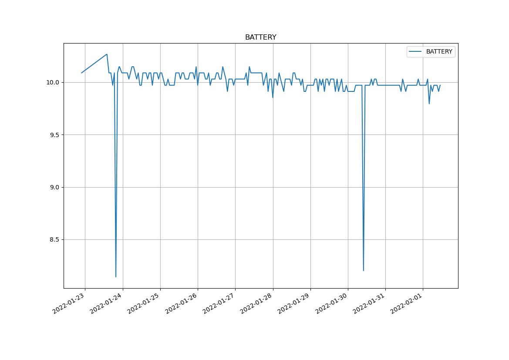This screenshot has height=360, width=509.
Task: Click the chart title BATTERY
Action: (x=260, y=37)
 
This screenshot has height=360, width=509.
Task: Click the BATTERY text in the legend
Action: (x=439, y=52)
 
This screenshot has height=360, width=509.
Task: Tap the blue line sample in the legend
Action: (x=416, y=52)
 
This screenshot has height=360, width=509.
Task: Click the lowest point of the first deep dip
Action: (x=116, y=276)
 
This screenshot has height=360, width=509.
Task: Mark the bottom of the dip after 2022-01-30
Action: (x=364, y=270)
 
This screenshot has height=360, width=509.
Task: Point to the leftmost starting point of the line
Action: (x=81, y=73)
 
